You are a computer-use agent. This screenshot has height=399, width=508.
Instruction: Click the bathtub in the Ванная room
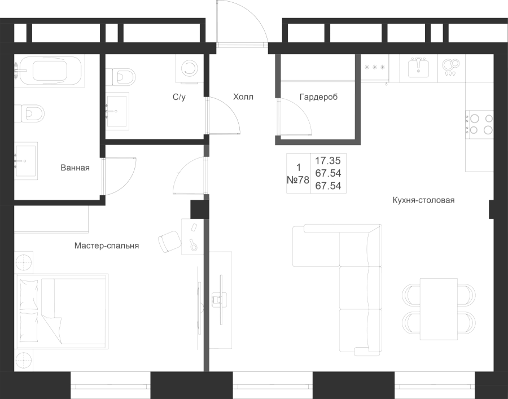49,71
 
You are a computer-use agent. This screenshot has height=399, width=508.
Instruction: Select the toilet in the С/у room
120,77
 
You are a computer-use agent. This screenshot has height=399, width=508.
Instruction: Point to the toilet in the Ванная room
29,113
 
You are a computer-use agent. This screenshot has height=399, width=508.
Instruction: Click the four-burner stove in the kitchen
479,124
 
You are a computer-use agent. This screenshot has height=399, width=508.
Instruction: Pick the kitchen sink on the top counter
418,68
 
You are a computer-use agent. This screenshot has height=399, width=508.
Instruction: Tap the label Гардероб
318,97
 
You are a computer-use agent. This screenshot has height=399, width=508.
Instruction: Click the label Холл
243,97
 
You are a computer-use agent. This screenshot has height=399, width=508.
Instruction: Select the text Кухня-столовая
423,200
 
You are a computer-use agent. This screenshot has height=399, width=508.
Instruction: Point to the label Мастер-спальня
107,246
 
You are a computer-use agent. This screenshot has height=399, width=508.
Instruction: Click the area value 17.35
328,161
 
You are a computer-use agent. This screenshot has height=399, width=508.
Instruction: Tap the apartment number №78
298,179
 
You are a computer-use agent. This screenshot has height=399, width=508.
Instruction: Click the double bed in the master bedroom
62,312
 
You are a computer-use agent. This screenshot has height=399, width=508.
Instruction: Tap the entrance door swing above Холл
242,23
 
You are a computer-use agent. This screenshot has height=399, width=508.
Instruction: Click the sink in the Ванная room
26,161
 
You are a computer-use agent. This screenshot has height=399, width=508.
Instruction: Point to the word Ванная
75,168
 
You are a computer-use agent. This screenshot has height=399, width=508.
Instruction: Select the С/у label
179,97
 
